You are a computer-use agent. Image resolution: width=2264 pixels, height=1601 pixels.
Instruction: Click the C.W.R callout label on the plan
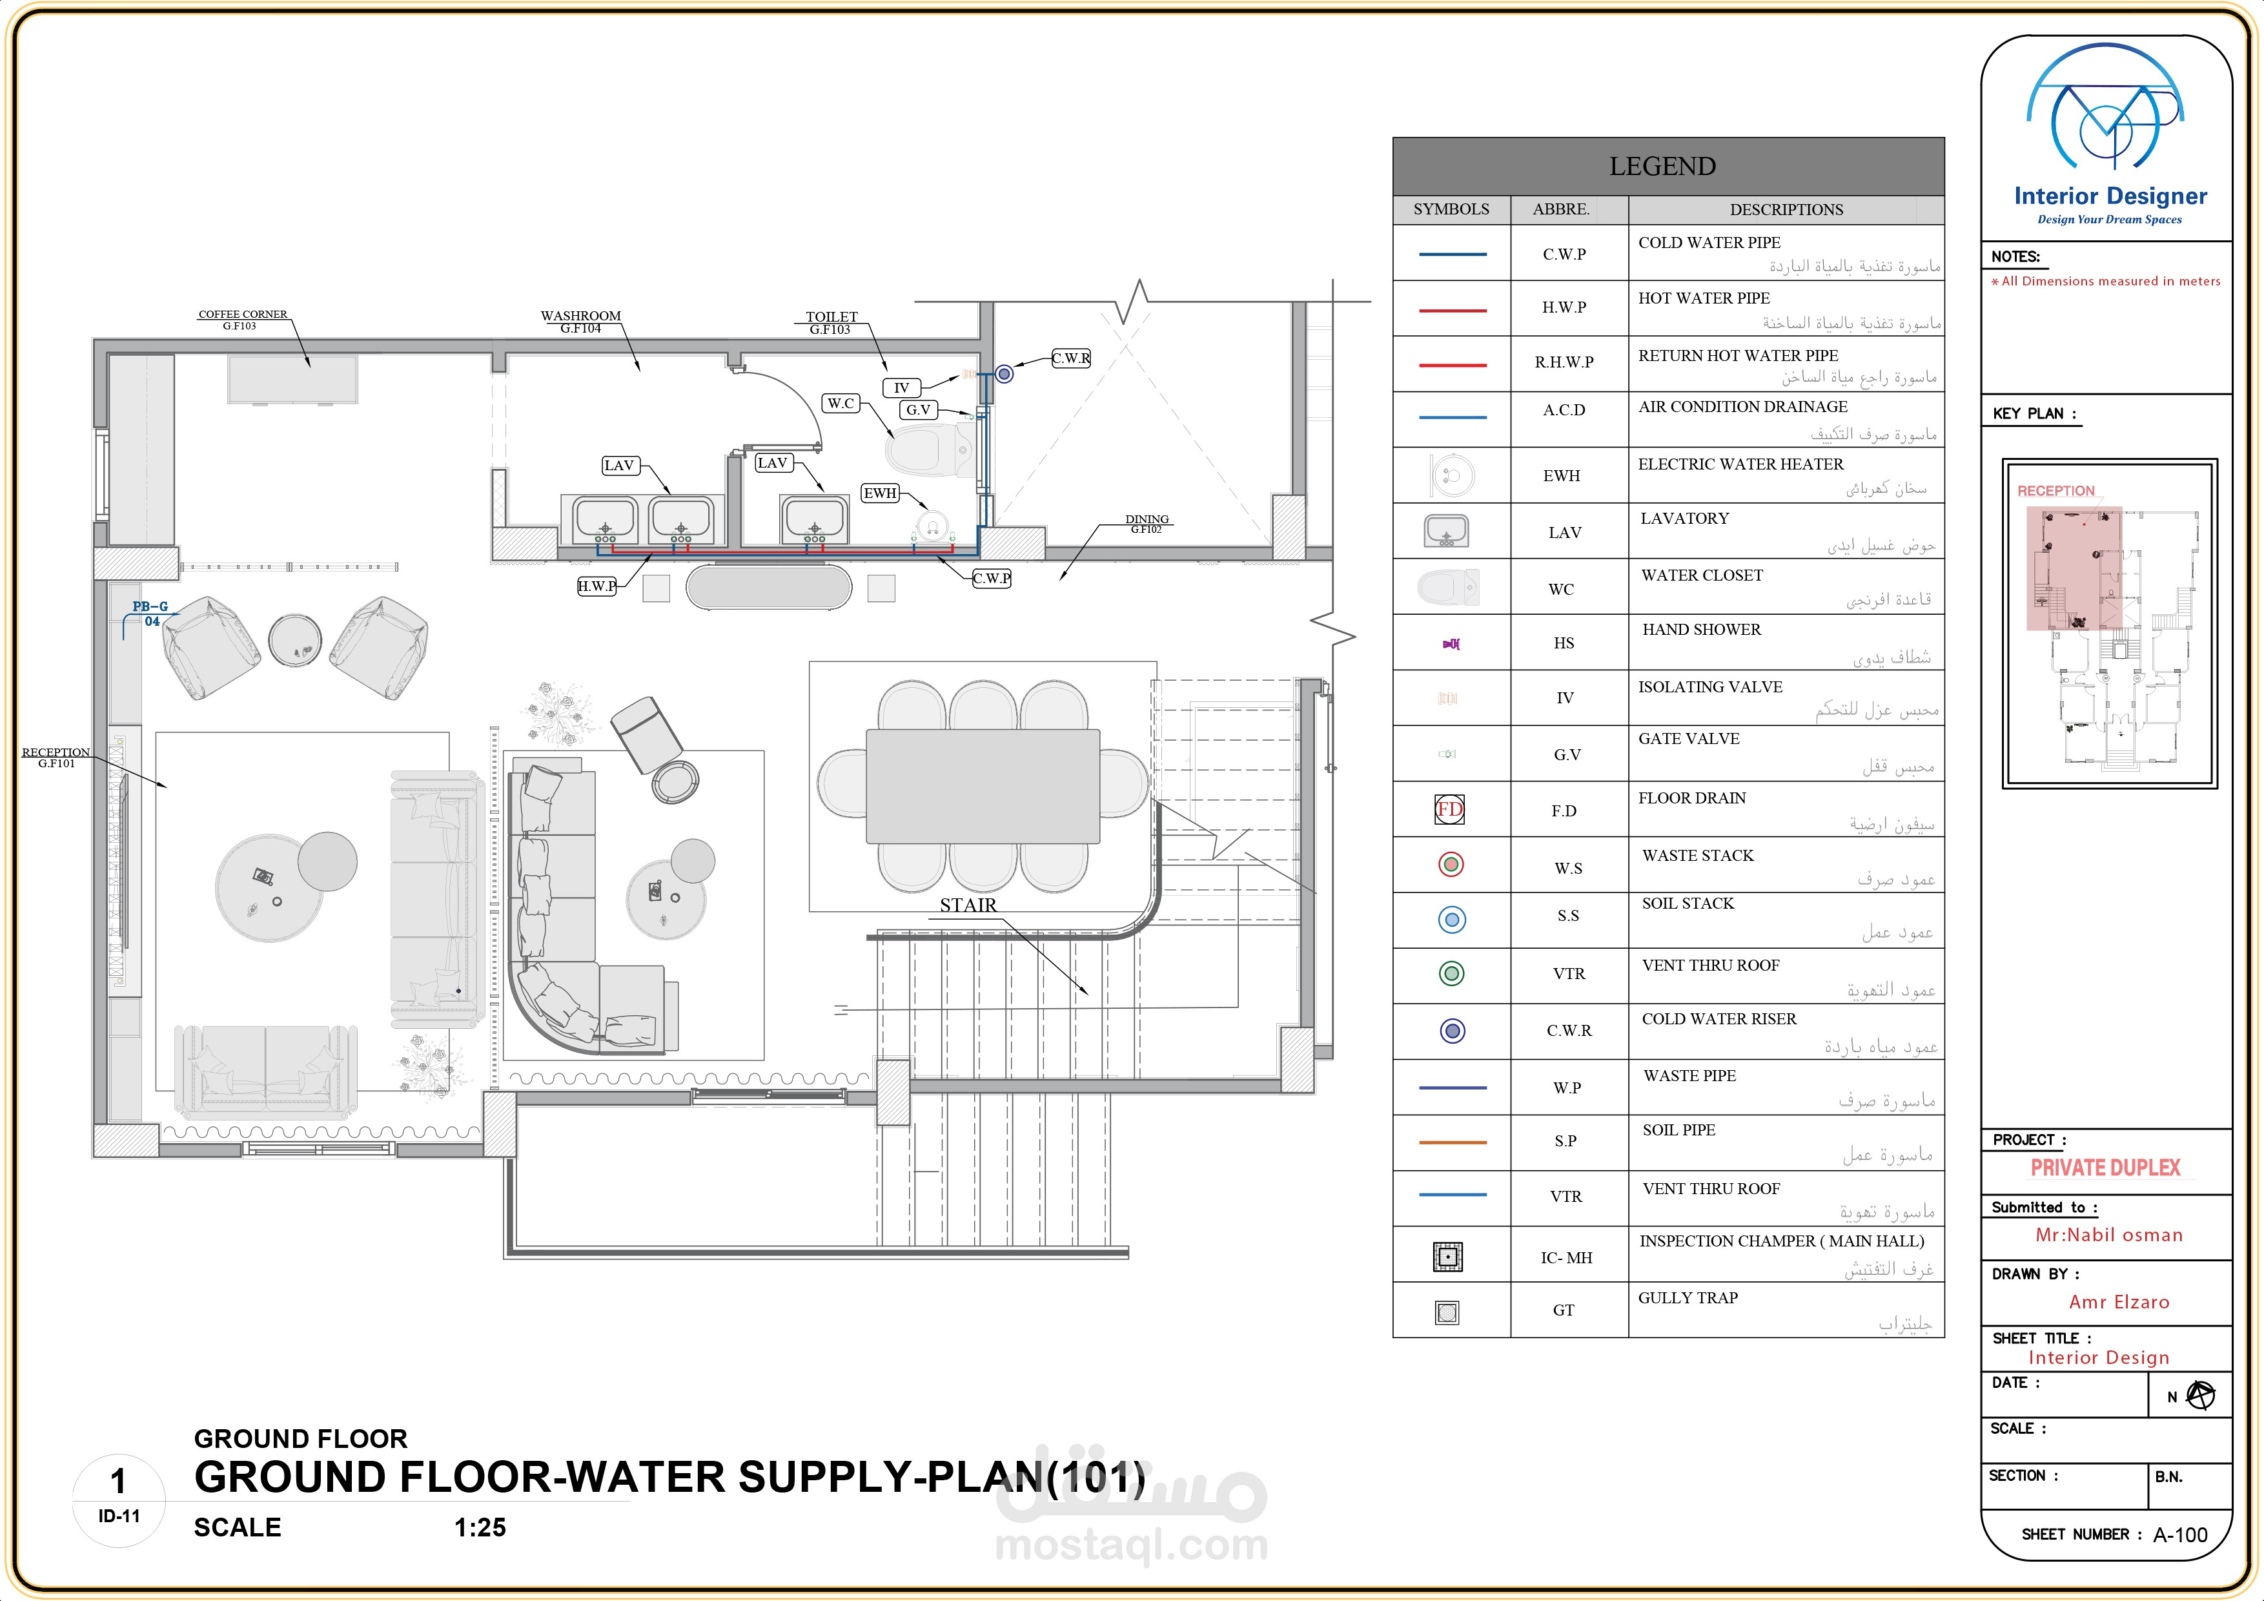(x=1071, y=358)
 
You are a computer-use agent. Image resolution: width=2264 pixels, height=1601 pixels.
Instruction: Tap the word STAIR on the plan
(x=967, y=905)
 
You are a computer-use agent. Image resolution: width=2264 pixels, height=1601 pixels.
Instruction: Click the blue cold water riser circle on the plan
(x=1004, y=374)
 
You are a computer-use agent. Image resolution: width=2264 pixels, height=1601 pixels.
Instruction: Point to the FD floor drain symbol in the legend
(x=1449, y=810)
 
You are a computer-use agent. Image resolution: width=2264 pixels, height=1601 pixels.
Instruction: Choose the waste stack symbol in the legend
(x=1451, y=865)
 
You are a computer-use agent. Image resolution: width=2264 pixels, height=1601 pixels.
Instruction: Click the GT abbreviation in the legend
(x=1564, y=1310)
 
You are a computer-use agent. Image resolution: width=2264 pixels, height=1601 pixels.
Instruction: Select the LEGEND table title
(x=1662, y=167)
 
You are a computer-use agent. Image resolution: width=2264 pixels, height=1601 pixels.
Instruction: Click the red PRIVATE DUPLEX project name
(x=2105, y=1168)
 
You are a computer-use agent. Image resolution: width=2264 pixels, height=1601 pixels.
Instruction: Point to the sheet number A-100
(x=2180, y=1535)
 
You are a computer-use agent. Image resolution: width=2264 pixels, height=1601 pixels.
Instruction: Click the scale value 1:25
(x=480, y=1528)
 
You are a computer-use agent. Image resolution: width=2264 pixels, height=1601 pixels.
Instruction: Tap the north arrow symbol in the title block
(x=2200, y=1396)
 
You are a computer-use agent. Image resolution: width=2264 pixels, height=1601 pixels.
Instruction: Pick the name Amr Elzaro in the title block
(x=2119, y=1302)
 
